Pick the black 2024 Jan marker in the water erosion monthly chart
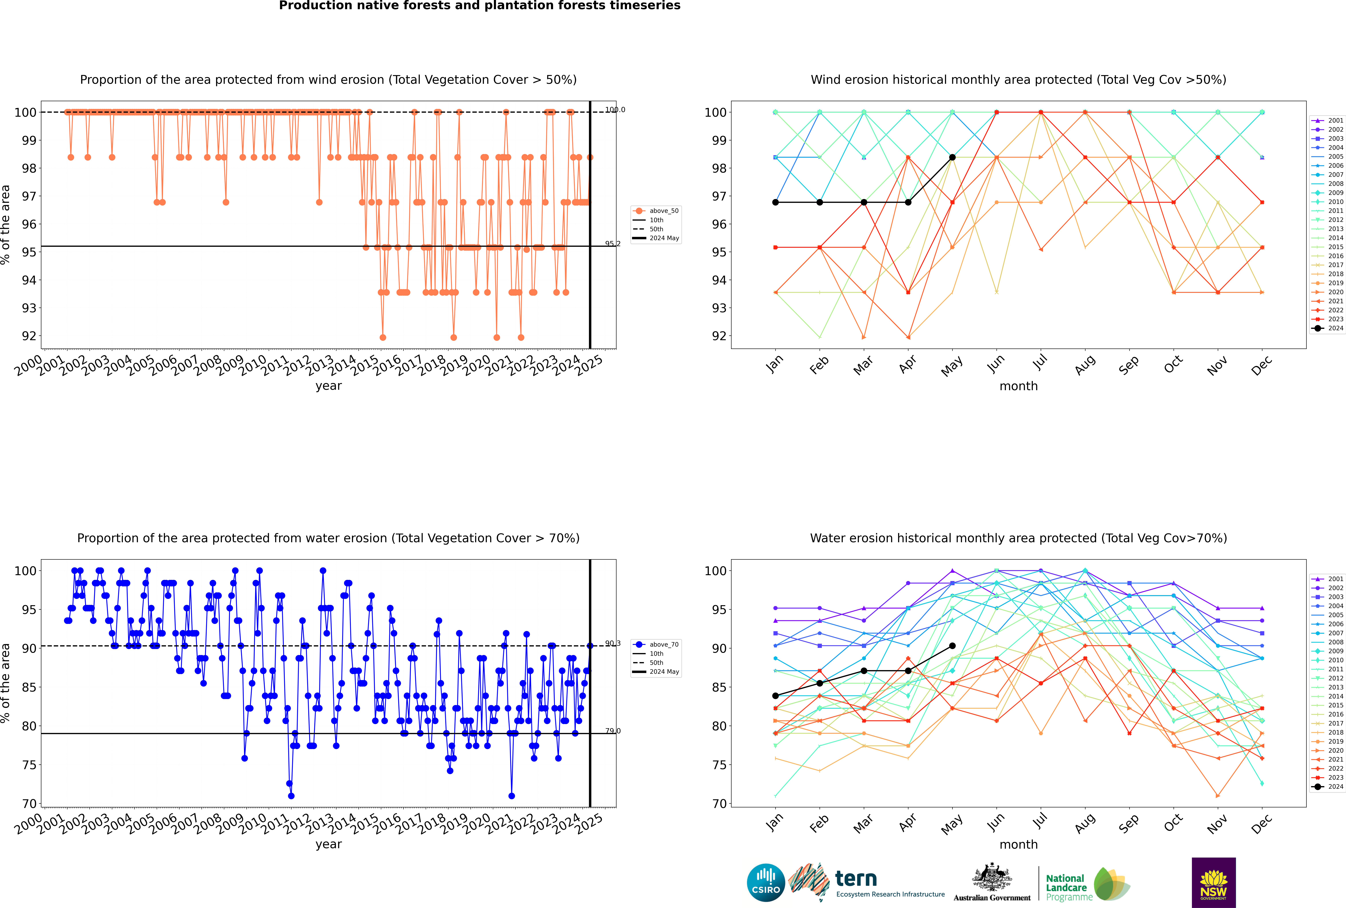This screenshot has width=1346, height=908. pyautogui.click(x=775, y=695)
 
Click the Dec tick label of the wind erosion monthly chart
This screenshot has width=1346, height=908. pyautogui.click(x=1262, y=365)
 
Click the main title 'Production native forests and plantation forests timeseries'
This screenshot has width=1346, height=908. pyautogui.click(x=480, y=6)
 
